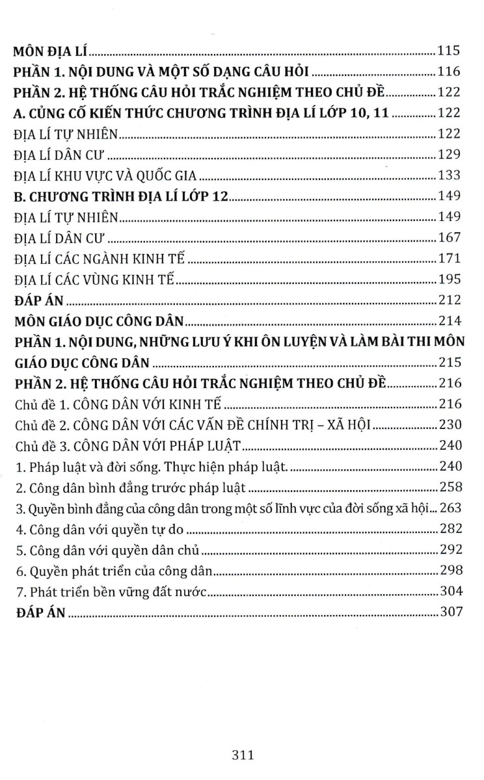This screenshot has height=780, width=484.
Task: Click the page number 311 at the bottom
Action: click(x=241, y=755)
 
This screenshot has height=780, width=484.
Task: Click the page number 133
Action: click(x=450, y=175)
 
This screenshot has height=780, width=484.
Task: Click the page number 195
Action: click(x=450, y=279)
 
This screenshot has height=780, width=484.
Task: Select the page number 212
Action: click(x=450, y=300)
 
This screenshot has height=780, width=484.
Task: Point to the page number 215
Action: click(x=450, y=363)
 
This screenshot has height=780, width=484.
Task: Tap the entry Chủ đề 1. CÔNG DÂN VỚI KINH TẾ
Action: click(x=118, y=404)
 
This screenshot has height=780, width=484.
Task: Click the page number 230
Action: click(x=450, y=425)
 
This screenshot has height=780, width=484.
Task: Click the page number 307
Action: click(x=450, y=612)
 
